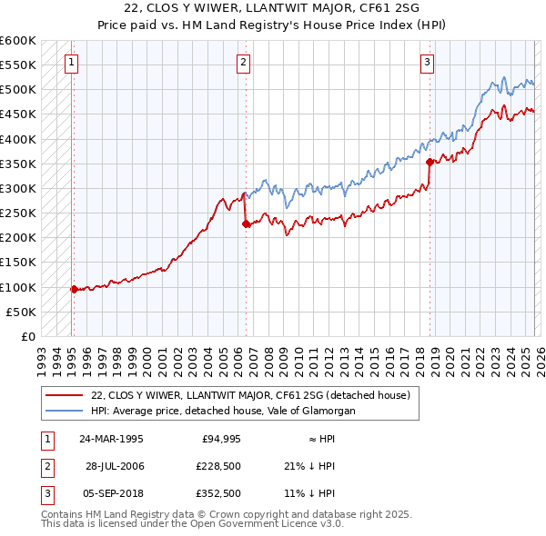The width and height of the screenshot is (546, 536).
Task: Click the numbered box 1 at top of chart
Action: (x=71, y=63)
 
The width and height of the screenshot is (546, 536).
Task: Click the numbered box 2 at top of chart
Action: (x=244, y=63)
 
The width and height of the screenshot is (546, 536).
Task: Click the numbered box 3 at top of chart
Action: (x=427, y=63)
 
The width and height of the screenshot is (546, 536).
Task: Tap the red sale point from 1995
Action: (x=74, y=289)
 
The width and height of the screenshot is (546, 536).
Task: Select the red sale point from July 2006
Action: (x=246, y=223)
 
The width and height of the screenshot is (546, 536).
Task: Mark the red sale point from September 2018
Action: (x=430, y=163)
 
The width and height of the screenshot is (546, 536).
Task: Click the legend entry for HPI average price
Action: (x=223, y=411)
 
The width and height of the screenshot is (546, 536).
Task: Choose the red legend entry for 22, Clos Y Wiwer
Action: (x=251, y=395)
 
